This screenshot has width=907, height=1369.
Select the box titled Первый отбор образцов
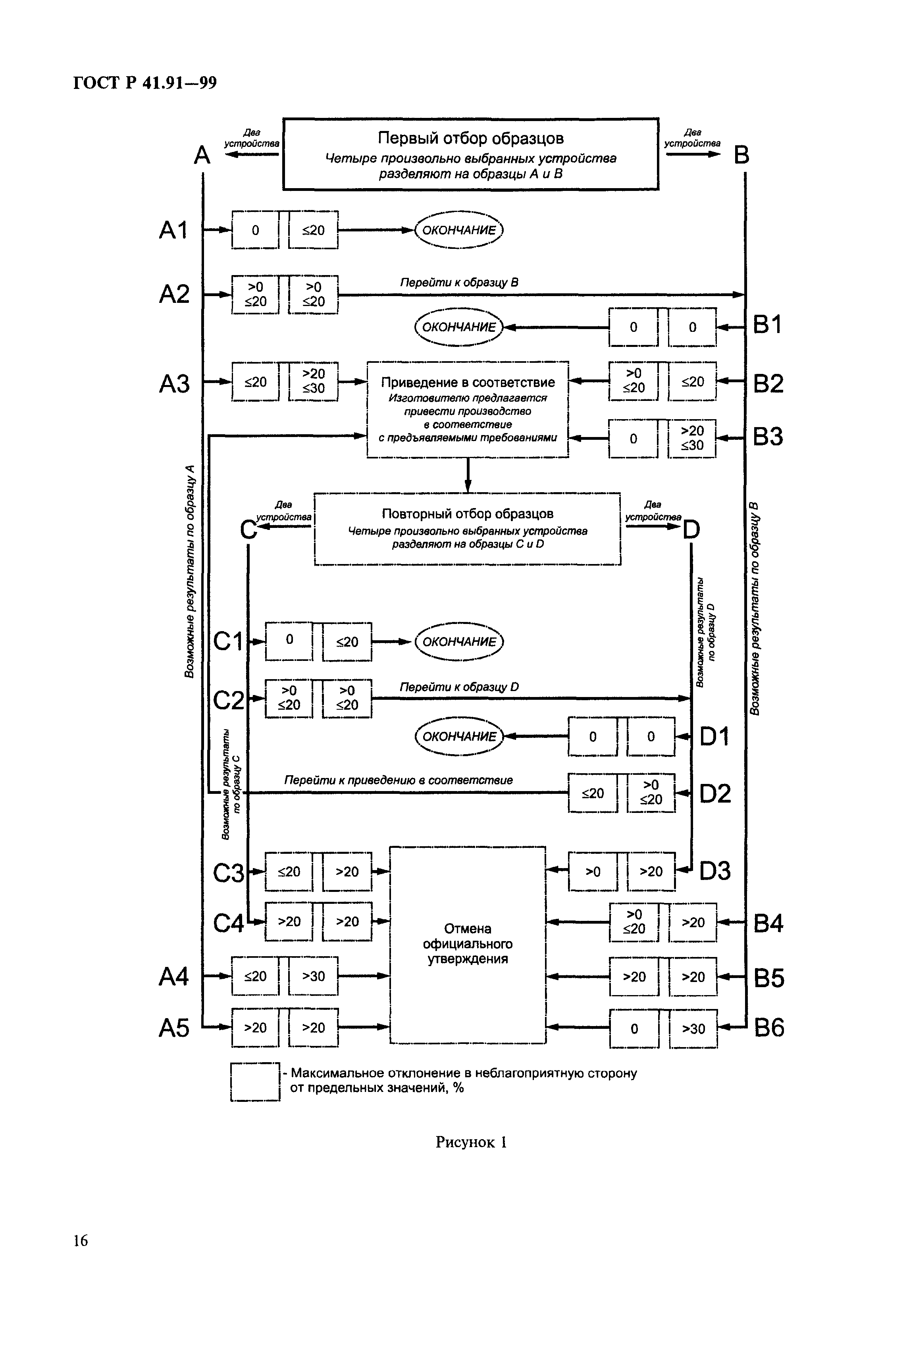tap(470, 154)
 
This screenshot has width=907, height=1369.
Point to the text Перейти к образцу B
tap(459, 282)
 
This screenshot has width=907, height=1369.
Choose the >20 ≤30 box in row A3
tap(314, 381)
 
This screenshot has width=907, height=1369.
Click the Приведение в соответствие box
tap(467, 410)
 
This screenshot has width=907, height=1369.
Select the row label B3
tap(768, 437)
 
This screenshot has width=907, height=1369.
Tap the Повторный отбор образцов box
tap(467, 529)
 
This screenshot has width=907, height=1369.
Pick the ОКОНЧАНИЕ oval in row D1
tap(459, 736)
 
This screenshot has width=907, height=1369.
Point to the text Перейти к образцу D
tap(459, 687)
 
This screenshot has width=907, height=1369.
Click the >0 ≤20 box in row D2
tap(651, 792)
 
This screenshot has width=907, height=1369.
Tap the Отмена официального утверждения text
tap(467, 944)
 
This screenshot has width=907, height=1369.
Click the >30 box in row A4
tap(314, 976)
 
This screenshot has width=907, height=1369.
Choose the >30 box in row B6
tap(693, 1029)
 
